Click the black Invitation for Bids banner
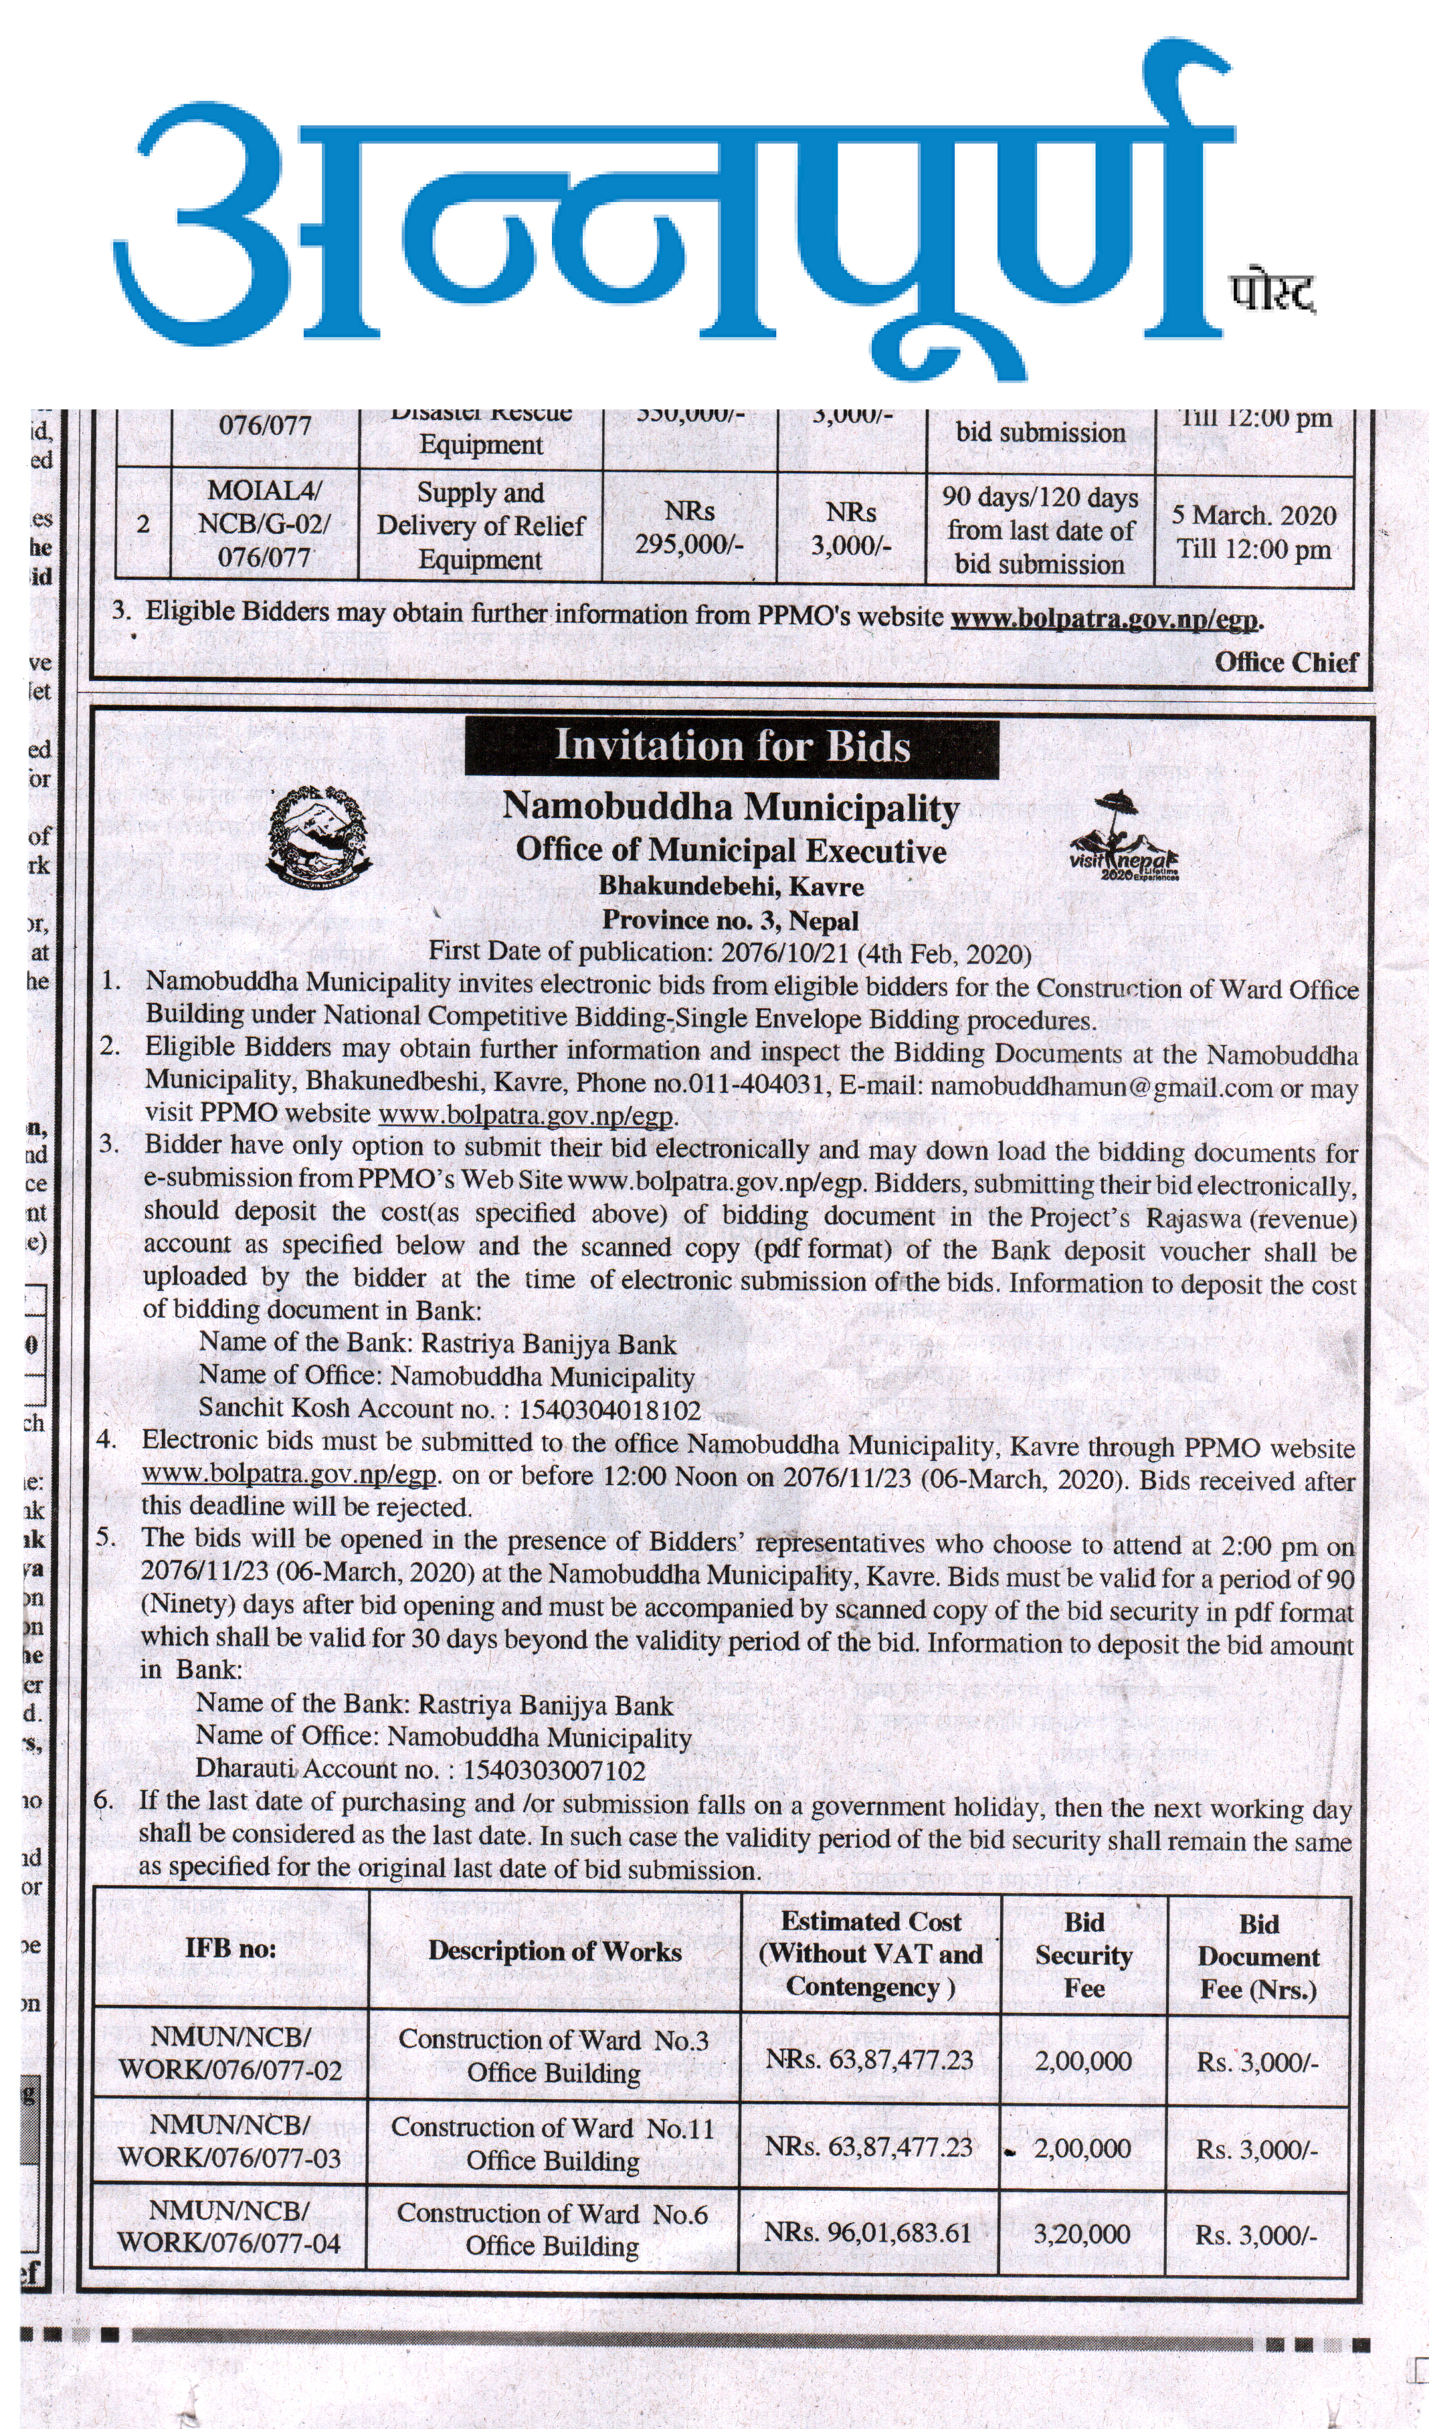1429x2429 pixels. (x=731, y=747)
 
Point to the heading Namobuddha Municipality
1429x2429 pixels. (x=730, y=807)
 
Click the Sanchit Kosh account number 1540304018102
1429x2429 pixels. (x=609, y=1410)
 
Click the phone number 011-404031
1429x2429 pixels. (x=756, y=1084)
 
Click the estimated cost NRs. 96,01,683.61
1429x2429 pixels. (x=868, y=2234)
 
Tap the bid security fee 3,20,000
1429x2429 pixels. (x=1082, y=2234)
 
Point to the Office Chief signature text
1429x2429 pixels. (x=1285, y=662)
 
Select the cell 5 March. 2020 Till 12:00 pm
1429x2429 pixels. (x=1254, y=532)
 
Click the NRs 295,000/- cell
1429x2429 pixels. (x=688, y=528)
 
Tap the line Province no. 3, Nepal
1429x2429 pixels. (x=730, y=920)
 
